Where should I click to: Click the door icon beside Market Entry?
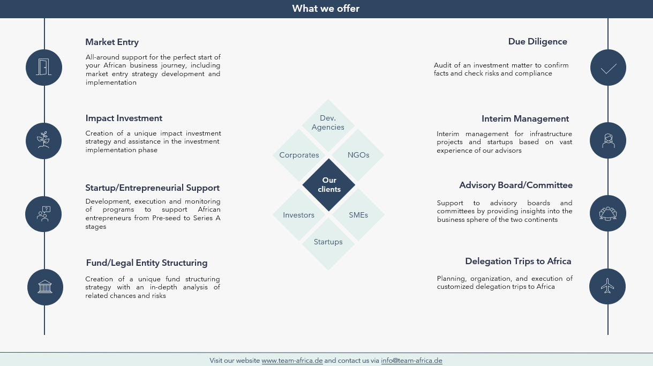pos(44,68)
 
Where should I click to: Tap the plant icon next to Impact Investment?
pos(43,140)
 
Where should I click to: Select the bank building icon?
pos(45,287)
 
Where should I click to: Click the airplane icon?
pos(607,286)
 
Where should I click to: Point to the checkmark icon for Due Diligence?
pos(609,69)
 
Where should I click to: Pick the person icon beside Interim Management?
pos(608,140)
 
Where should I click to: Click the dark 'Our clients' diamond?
pos(329,185)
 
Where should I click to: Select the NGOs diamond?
pos(358,155)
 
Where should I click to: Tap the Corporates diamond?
pos(299,155)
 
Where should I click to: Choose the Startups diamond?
pos(328,244)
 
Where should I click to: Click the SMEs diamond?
pos(358,215)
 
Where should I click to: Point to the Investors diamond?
pos(299,215)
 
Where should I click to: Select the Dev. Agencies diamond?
pos(328,125)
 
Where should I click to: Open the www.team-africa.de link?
pos(292,361)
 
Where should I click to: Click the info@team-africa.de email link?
pos(411,361)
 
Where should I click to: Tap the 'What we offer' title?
pos(326,9)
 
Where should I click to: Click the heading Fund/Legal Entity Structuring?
pos(147,263)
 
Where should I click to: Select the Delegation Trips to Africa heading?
pos(518,262)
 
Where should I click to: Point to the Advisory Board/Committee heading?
pos(516,185)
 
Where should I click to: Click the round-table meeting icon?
pos(608,213)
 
